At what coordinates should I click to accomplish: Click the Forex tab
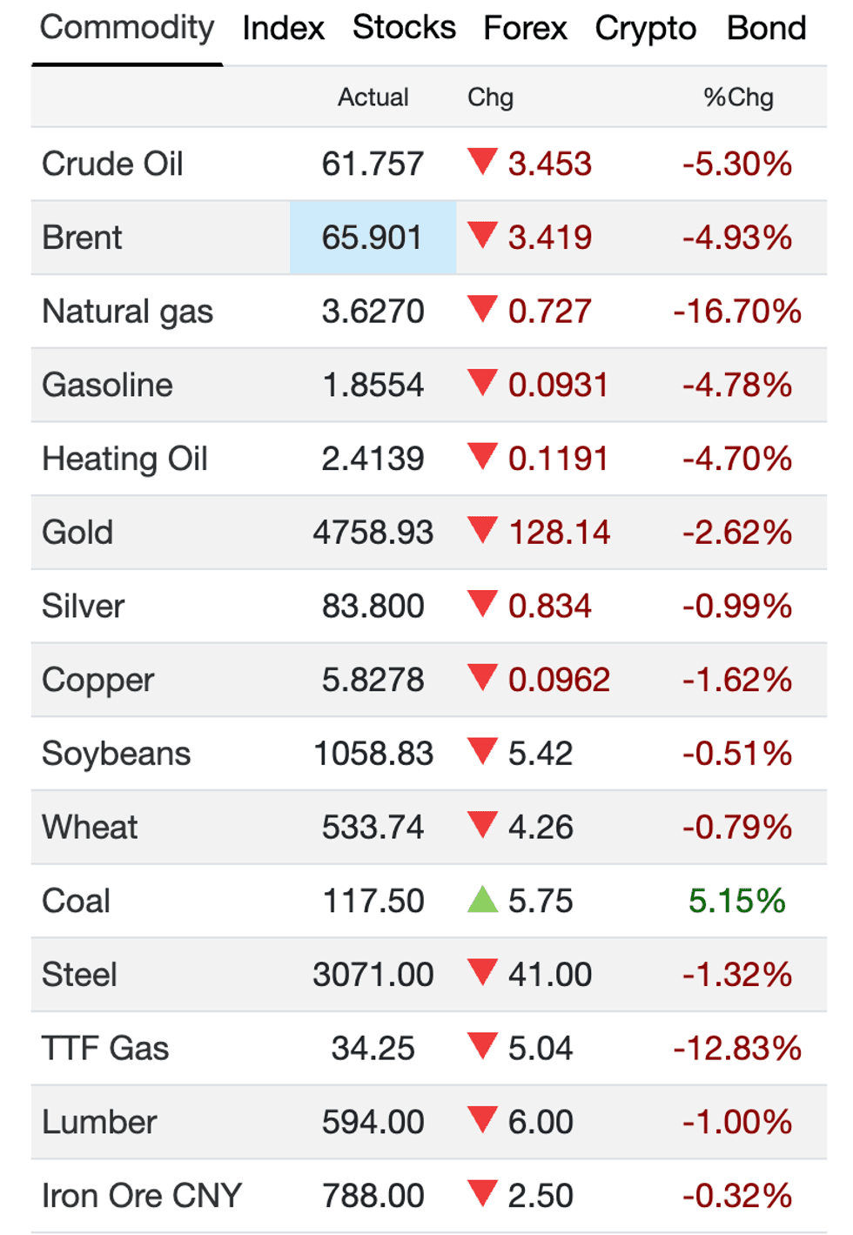click(x=525, y=29)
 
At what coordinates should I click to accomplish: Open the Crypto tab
click(x=645, y=29)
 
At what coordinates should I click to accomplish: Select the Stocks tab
click(x=404, y=28)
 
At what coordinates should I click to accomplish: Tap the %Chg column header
click(x=738, y=97)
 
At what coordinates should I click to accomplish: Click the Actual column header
click(x=373, y=97)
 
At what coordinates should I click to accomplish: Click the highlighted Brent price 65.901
click(x=373, y=238)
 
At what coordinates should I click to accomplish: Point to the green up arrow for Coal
click(x=482, y=899)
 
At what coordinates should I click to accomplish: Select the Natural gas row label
click(x=127, y=312)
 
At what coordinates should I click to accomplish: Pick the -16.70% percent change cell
click(x=737, y=312)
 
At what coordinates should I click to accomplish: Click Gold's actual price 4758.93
click(x=373, y=533)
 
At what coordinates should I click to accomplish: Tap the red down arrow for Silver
click(x=482, y=603)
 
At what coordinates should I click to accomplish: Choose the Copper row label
click(x=97, y=681)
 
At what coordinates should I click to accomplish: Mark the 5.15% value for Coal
click(x=736, y=902)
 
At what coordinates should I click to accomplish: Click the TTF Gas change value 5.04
click(x=541, y=1049)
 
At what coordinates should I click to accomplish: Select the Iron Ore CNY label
click(x=141, y=1196)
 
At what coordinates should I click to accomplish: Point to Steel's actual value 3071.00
click(x=373, y=975)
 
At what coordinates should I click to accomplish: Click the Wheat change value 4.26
click(x=541, y=828)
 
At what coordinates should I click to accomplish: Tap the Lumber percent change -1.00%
click(x=737, y=1123)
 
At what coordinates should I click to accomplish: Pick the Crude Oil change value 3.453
click(x=550, y=164)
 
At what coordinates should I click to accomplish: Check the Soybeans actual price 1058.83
click(x=373, y=754)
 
